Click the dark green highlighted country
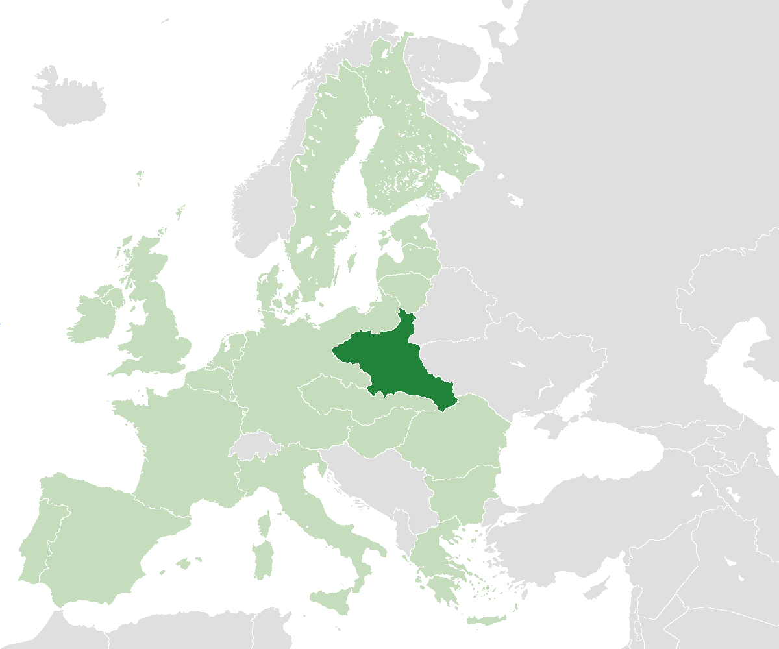point(389,363)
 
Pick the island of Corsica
point(264,523)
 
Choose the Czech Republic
point(328,396)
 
